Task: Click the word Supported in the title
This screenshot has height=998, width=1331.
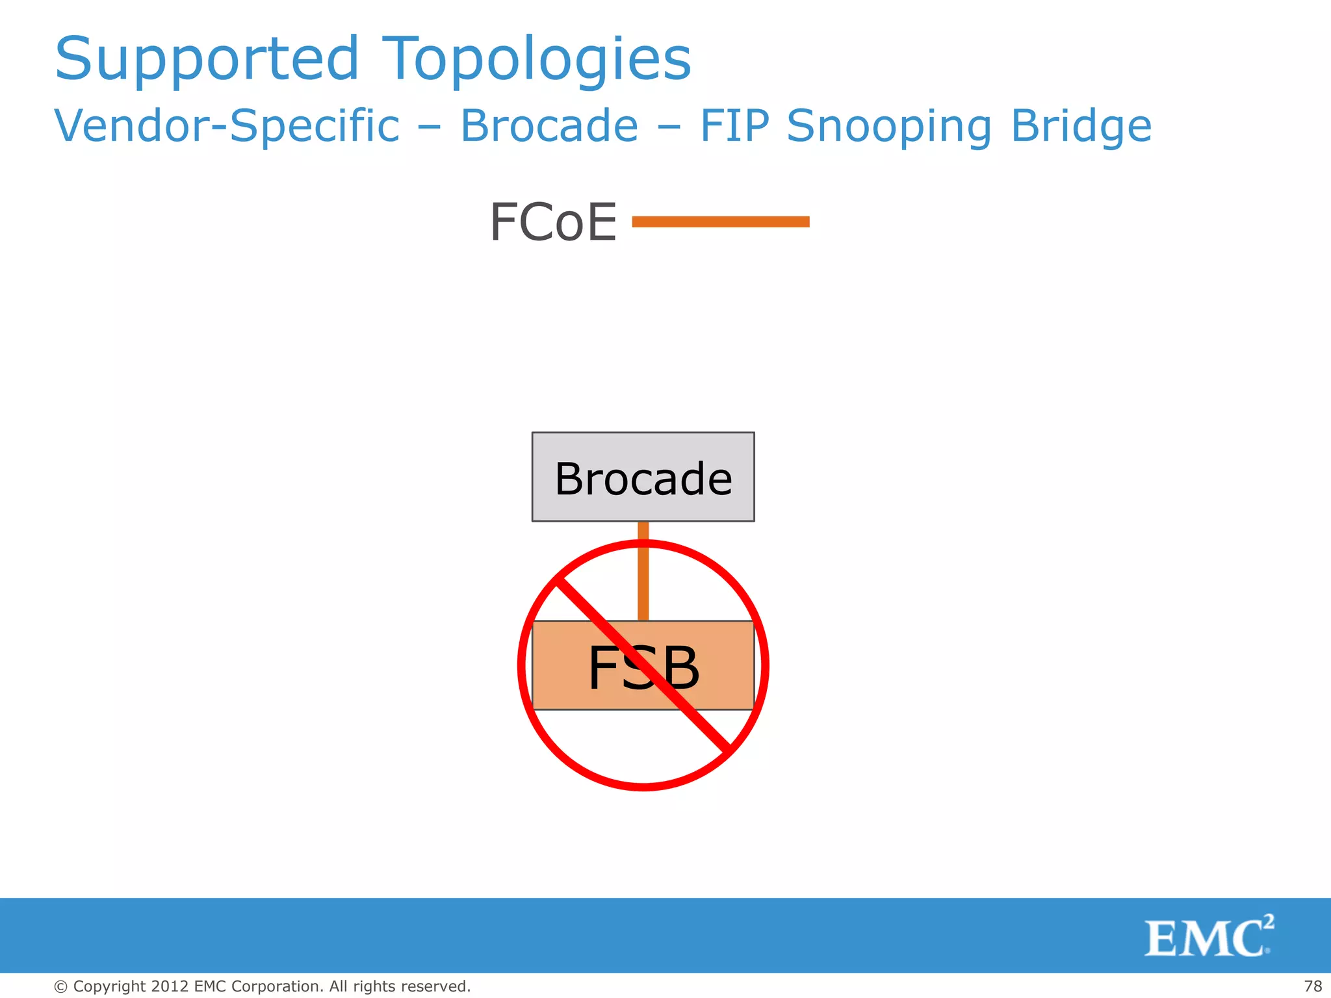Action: click(x=207, y=60)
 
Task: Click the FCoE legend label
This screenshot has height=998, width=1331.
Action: click(x=553, y=222)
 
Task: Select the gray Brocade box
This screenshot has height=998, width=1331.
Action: click(x=643, y=477)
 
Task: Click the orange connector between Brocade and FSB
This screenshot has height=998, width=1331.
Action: click(x=643, y=572)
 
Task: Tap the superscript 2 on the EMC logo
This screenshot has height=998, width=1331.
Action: click(x=1268, y=921)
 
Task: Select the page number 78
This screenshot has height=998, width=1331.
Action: click(x=1313, y=986)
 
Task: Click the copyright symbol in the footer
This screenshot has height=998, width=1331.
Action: click(x=60, y=987)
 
